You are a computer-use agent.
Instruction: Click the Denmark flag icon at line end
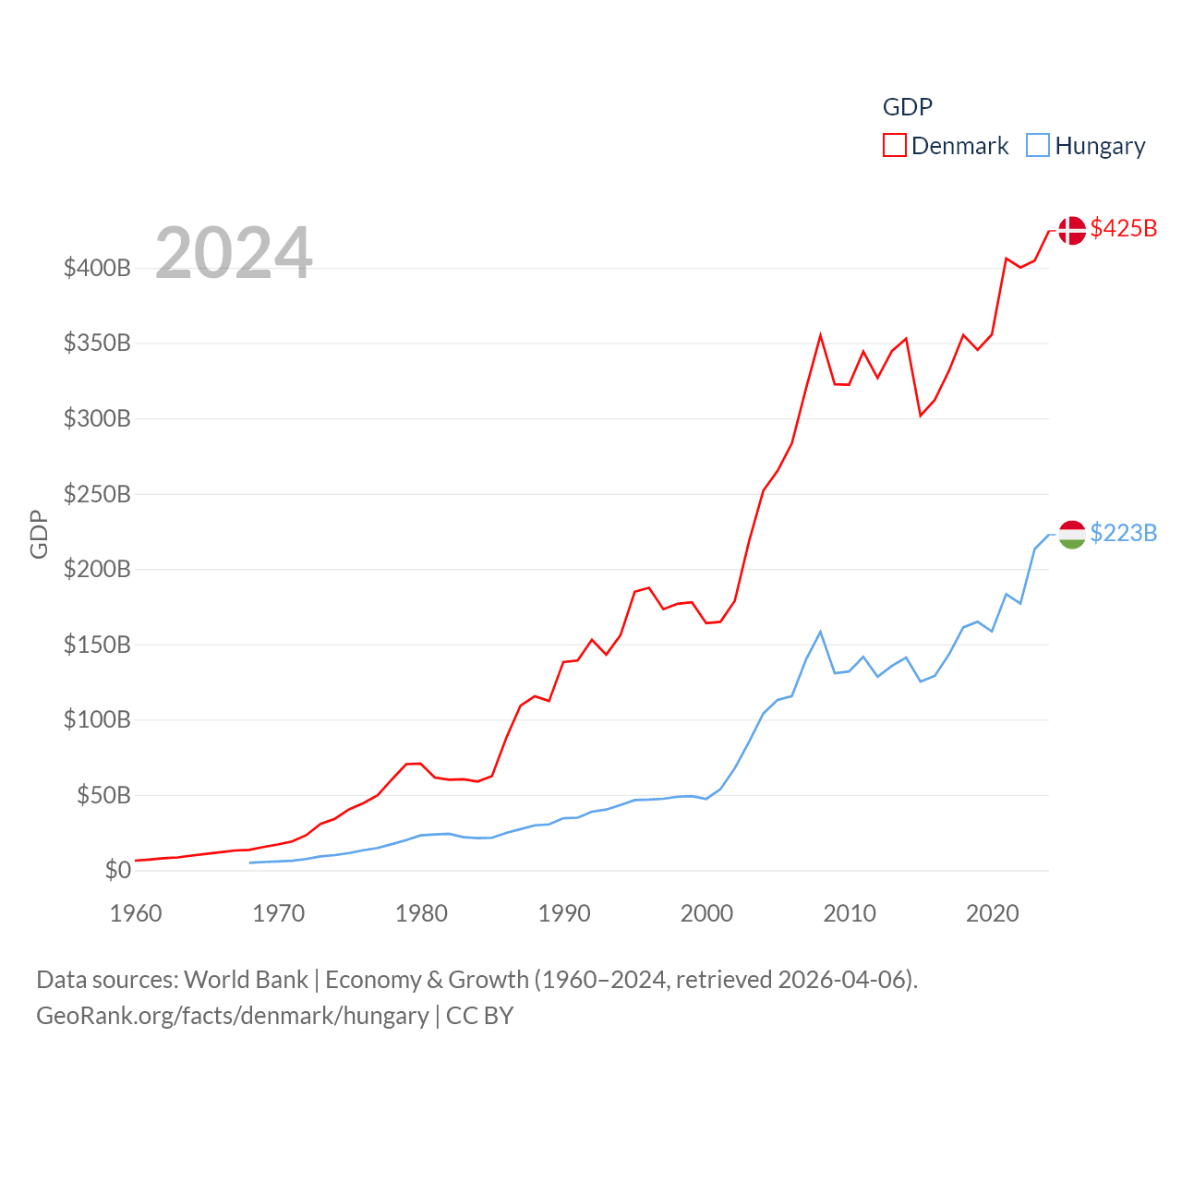(x=1072, y=230)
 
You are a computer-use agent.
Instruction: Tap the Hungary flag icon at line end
(x=1072, y=534)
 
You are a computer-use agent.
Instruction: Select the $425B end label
(x=1123, y=228)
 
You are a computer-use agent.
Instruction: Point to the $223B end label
(x=1123, y=533)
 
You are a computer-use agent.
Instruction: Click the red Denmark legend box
(x=894, y=145)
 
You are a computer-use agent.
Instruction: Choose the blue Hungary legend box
(x=1038, y=145)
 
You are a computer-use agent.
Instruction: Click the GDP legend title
(x=907, y=107)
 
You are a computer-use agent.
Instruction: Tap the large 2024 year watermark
(x=234, y=253)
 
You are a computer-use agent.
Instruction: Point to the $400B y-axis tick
(x=97, y=269)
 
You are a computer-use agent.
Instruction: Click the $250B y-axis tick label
(x=97, y=494)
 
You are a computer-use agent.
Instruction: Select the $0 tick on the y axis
(x=117, y=870)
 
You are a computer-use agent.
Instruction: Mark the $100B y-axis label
(x=97, y=719)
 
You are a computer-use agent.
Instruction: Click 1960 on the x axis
(x=136, y=913)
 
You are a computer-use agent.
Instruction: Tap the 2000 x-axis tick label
(x=706, y=913)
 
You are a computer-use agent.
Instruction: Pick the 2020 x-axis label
(x=992, y=913)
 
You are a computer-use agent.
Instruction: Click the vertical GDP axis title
(x=39, y=534)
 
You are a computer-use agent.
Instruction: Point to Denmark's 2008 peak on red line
(x=820, y=335)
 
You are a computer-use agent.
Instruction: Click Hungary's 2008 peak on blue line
(x=820, y=632)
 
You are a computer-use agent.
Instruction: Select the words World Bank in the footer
(x=246, y=979)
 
